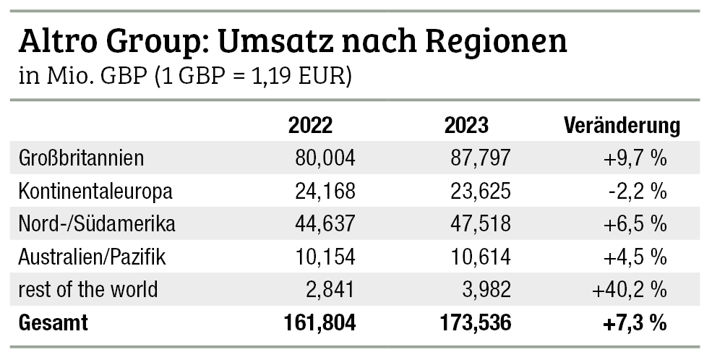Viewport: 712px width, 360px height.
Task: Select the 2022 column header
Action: pyautogui.click(x=310, y=125)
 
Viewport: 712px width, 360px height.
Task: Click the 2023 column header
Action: pyautogui.click(x=466, y=125)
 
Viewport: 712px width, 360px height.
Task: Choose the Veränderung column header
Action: pyautogui.click(x=621, y=125)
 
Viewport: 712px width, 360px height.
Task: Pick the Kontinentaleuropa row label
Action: pyautogui.click(x=95, y=192)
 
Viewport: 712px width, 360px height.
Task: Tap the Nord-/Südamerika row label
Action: pyautogui.click(x=96, y=224)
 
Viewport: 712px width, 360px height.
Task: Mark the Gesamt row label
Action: pyautogui.click(x=53, y=323)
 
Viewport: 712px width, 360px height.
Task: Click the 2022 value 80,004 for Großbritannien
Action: pyautogui.click(x=325, y=158)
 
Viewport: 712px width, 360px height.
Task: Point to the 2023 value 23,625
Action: pyautogui.click(x=481, y=192)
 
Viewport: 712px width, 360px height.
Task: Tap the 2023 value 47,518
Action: pyautogui.click(x=481, y=224)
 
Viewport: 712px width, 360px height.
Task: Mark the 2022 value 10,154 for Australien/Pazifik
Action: pyautogui.click(x=325, y=257)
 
